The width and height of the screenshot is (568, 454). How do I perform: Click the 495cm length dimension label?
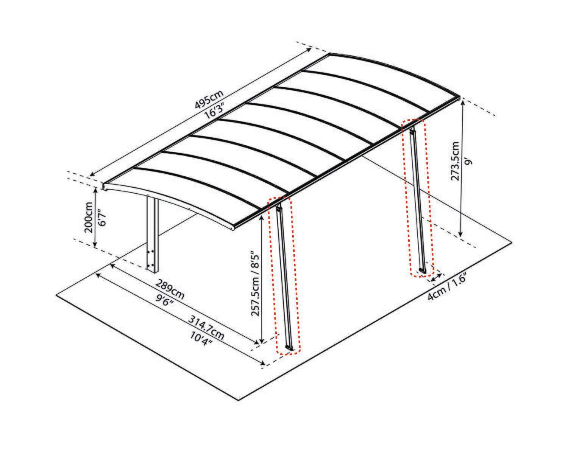point(209,99)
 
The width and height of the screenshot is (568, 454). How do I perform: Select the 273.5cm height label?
point(455,161)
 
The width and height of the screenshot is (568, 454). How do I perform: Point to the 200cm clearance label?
point(89,218)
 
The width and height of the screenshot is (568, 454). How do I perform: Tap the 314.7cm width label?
point(206,328)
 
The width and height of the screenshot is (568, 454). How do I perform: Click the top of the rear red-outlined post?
point(412,130)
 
